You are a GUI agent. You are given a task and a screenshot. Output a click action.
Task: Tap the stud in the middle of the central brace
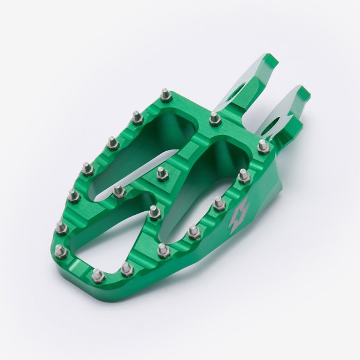coord(161,173)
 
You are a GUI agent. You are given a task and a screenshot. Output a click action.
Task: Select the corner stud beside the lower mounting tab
coord(263,146)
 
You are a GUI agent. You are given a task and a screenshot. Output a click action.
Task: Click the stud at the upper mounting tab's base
coord(214,118)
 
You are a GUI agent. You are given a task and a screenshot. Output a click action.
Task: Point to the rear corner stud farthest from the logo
coord(165,94)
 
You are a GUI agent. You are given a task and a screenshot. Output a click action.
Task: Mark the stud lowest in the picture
coord(98,275)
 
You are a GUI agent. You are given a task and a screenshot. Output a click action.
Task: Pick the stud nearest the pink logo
coord(220,203)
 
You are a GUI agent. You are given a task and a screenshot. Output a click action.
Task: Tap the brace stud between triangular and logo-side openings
coord(154,211)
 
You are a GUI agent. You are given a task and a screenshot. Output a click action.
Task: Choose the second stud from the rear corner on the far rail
coord(137,116)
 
